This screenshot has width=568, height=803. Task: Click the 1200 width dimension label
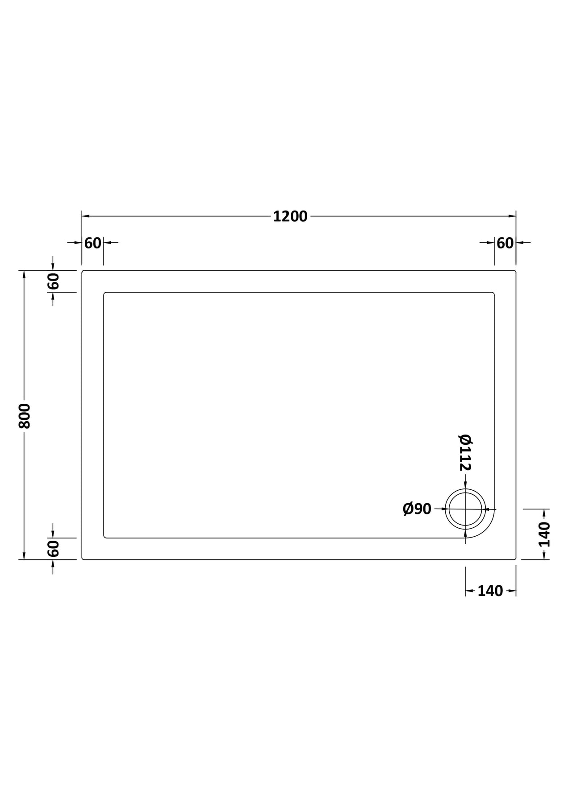[x=290, y=216]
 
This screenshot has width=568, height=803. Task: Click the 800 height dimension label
[x=24, y=416]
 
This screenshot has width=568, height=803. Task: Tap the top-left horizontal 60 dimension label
[x=93, y=243]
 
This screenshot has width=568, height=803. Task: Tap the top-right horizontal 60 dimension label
[x=505, y=243]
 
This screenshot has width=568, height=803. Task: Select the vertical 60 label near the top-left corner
[x=53, y=281]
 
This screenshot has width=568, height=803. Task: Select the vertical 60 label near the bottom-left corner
[x=53, y=548]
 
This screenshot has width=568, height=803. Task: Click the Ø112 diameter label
[x=465, y=452]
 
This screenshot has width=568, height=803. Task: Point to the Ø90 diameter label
[x=417, y=509]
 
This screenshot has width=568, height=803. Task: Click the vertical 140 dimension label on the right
[x=544, y=534]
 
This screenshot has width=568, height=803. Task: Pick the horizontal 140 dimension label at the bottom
[x=490, y=591]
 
